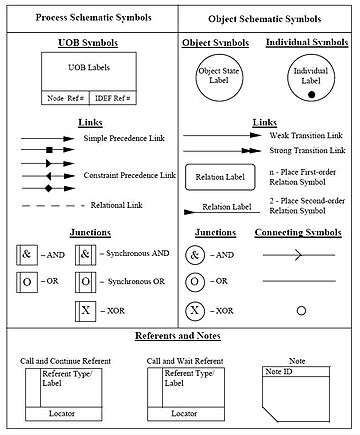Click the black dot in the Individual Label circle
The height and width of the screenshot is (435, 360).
(x=311, y=94)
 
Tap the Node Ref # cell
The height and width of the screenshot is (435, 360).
(x=65, y=98)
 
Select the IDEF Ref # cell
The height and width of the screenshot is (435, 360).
(x=113, y=98)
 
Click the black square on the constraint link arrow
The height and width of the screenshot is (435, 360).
(x=49, y=150)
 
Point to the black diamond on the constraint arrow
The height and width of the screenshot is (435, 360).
(x=49, y=189)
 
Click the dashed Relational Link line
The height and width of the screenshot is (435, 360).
(x=53, y=206)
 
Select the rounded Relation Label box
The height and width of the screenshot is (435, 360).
(x=220, y=177)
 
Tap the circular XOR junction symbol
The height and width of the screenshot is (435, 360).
(x=195, y=311)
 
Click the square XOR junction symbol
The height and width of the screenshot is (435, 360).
(x=85, y=311)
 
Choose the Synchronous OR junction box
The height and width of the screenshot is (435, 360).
(x=85, y=282)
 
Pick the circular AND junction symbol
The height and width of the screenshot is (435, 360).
(x=195, y=255)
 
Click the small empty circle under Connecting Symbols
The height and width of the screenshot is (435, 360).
(x=301, y=311)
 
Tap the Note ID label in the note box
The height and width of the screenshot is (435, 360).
(x=279, y=371)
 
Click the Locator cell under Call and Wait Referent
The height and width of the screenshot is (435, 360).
(x=186, y=414)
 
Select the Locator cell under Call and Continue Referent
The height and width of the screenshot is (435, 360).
(x=64, y=414)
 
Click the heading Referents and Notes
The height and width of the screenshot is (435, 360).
(x=178, y=336)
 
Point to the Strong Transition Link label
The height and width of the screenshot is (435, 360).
(x=307, y=150)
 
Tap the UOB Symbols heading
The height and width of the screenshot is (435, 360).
(x=88, y=43)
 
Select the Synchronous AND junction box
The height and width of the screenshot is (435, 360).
(x=85, y=255)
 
